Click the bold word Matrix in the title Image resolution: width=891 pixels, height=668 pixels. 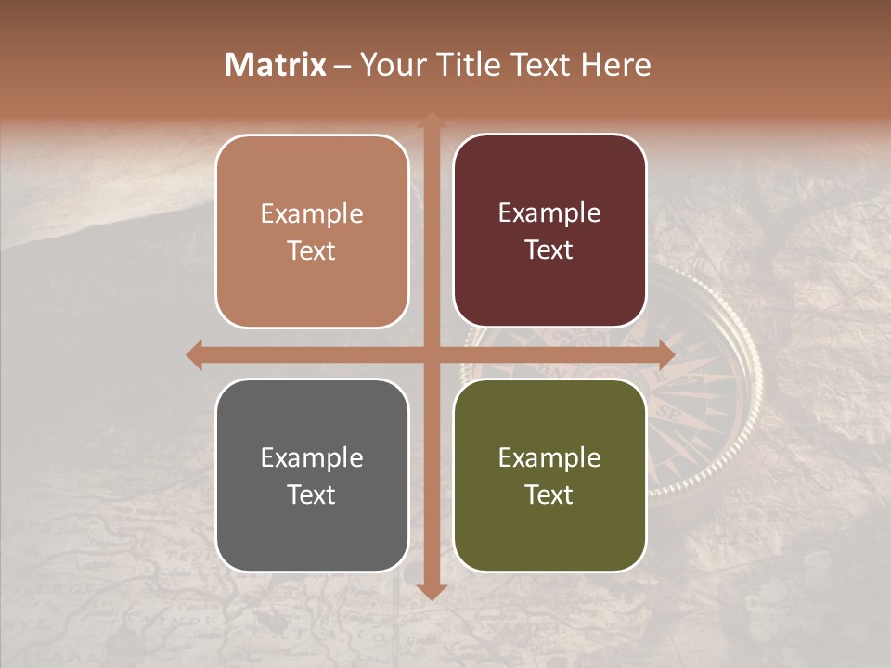[276, 65]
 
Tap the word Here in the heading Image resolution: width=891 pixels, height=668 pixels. [616, 65]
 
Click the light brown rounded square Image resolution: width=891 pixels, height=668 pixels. [312, 232]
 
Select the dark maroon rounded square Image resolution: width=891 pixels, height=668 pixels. [549, 231]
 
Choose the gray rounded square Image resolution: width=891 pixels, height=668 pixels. [312, 475]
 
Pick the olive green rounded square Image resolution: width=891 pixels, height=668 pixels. [549, 475]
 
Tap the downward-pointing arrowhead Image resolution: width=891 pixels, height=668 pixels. [431, 592]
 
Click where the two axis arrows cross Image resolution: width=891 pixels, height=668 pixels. [431, 354]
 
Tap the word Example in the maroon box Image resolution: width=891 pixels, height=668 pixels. [549, 213]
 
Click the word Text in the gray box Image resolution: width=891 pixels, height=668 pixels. [312, 495]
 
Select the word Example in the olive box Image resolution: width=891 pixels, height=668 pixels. [549, 457]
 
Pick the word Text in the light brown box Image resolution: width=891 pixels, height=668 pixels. [312, 251]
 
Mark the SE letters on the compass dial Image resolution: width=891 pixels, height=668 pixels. [667, 411]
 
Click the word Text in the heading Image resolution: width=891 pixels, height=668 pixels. [539, 65]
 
